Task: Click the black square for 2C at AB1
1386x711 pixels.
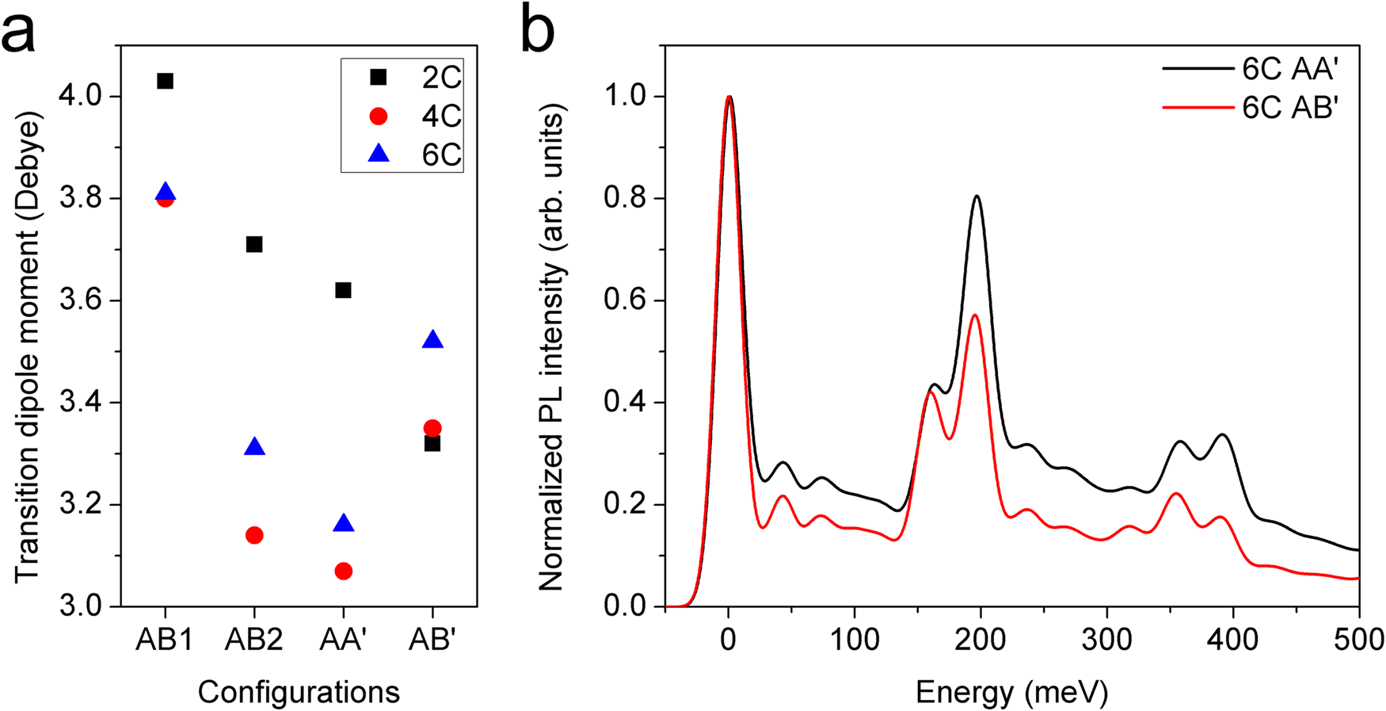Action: [x=165, y=81]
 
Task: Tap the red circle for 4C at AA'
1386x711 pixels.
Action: [x=344, y=571]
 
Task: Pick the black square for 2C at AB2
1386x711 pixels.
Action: [x=254, y=244]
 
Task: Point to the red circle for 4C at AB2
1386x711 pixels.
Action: [x=254, y=535]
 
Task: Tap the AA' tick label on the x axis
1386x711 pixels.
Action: [x=344, y=640]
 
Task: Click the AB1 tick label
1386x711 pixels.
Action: [x=165, y=640]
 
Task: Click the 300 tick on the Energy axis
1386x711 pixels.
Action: [x=1106, y=640]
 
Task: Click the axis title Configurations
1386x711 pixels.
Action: [x=299, y=692]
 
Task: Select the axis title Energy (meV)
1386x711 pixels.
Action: [x=1011, y=694]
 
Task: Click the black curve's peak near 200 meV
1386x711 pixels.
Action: [x=977, y=196]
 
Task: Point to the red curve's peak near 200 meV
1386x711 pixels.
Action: [x=975, y=315]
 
